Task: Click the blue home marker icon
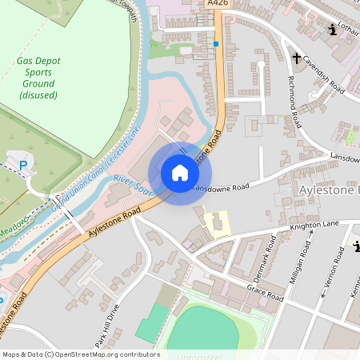click(x=179, y=173)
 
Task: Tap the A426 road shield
click(x=214, y=4)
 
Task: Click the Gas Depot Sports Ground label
click(x=37, y=78)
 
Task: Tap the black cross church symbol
click(x=296, y=58)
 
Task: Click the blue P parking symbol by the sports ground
click(x=23, y=166)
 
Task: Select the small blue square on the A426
click(x=216, y=43)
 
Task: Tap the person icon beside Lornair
click(x=333, y=31)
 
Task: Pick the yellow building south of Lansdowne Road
click(x=214, y=222)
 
